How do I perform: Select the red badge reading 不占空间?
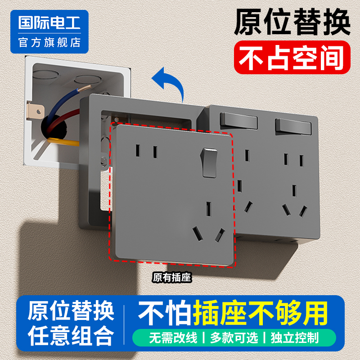(292, 57)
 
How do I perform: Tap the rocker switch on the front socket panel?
(208, 162)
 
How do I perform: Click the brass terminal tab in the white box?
(36, 109)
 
